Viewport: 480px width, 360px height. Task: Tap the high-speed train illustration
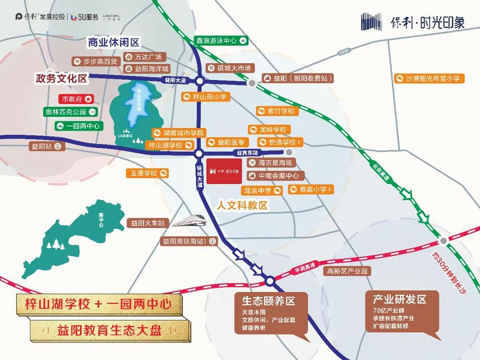click(x=190, y=221)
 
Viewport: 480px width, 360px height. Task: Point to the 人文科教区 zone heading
click(x=242, y=205)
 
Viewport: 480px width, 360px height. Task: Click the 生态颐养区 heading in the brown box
click(x=267, y=301)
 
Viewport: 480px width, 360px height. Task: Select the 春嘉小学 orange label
click(x=310, y=190)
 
